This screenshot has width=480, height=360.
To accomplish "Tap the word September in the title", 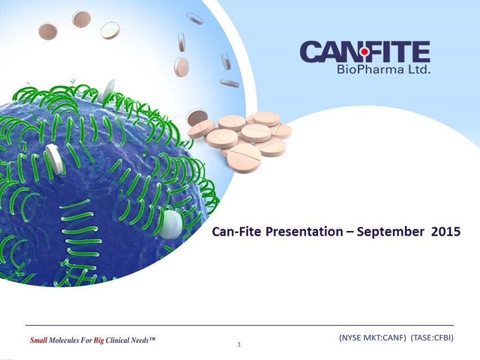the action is (391, 232).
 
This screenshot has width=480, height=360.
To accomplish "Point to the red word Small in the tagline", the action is (38, 340).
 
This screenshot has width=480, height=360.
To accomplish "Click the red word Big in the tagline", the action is (99, 341).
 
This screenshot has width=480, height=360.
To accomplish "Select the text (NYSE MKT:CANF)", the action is (373, 337).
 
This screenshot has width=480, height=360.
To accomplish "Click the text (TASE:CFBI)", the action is (432, 337).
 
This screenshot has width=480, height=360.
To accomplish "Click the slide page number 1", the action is (239, 345).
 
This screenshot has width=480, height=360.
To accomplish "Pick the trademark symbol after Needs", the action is (152, 339).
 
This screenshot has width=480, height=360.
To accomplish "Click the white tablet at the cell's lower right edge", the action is (171, 224).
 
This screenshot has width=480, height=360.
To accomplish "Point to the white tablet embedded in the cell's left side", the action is (55, 159).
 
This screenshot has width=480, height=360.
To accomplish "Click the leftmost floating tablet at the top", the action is (48, 32).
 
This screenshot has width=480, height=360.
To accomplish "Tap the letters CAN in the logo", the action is (330, 52).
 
